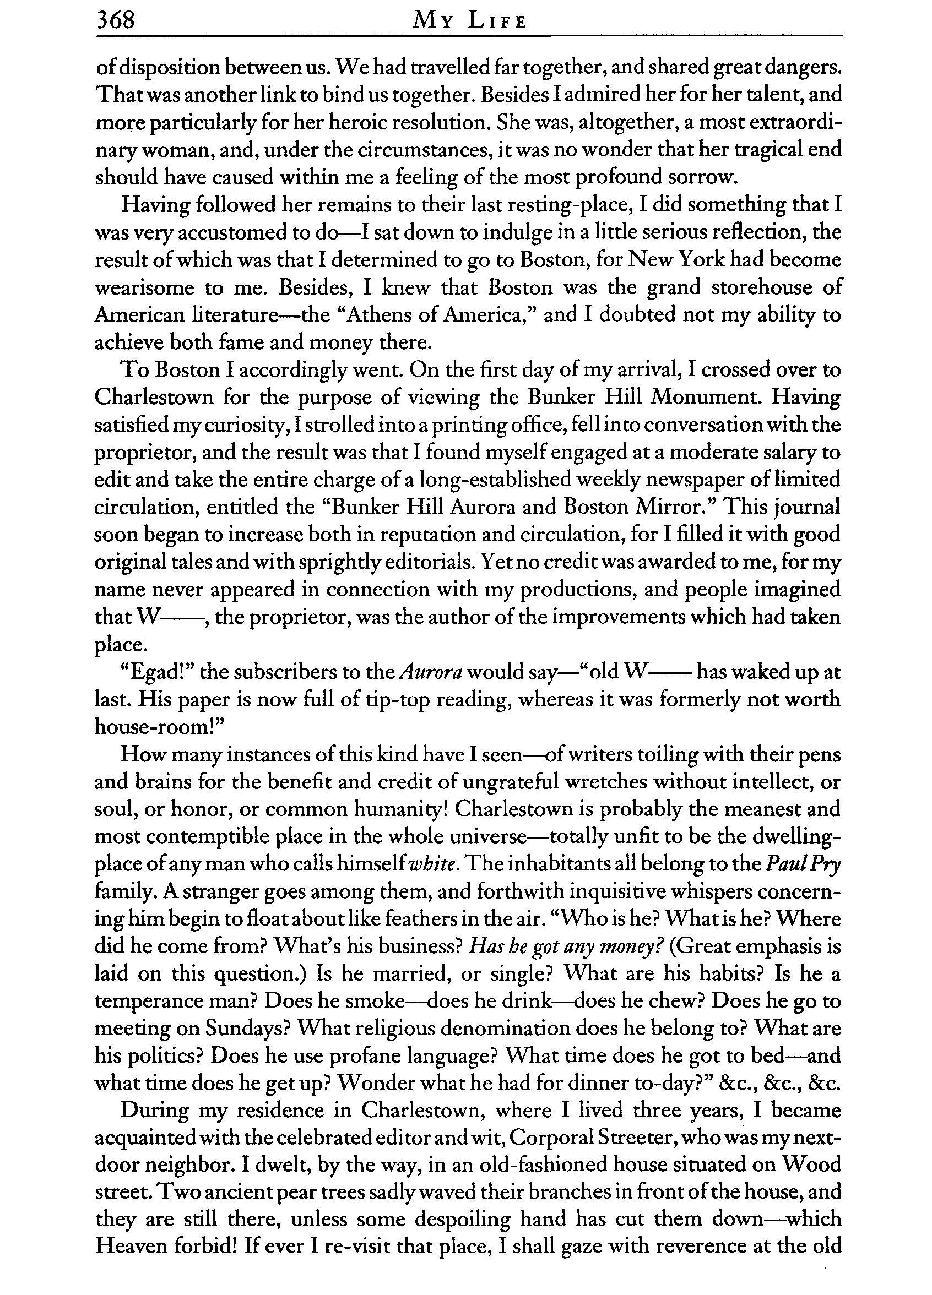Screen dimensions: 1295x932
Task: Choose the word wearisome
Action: click(145, 287)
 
